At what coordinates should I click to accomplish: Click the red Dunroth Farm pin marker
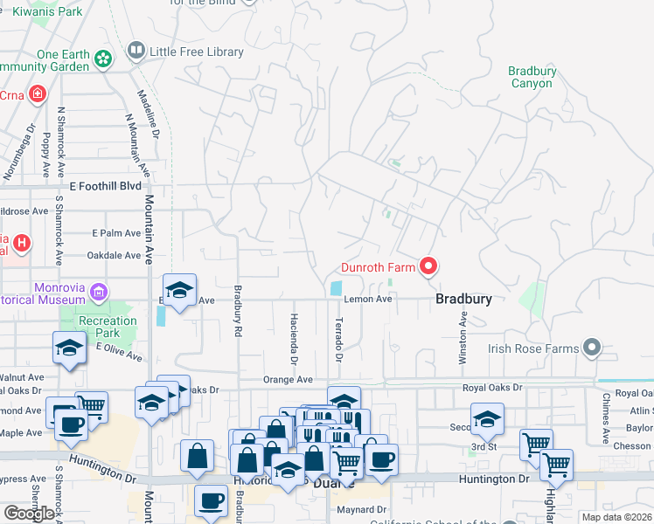coord(428,265)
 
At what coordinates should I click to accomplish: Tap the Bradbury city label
coord(463,299)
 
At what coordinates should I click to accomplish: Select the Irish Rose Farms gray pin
coord(592,348)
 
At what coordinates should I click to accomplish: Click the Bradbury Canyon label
coord(532,77)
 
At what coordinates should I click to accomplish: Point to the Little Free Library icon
coord(136,52)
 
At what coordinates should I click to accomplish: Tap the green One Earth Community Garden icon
coord(104,59)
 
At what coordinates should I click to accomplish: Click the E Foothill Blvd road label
coord(105,186)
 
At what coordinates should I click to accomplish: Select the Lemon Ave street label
coord(367,299)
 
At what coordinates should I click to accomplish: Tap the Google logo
coord(29,513)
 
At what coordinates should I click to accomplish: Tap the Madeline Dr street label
coord(154,114)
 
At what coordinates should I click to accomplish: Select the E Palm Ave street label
coord(116,233)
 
